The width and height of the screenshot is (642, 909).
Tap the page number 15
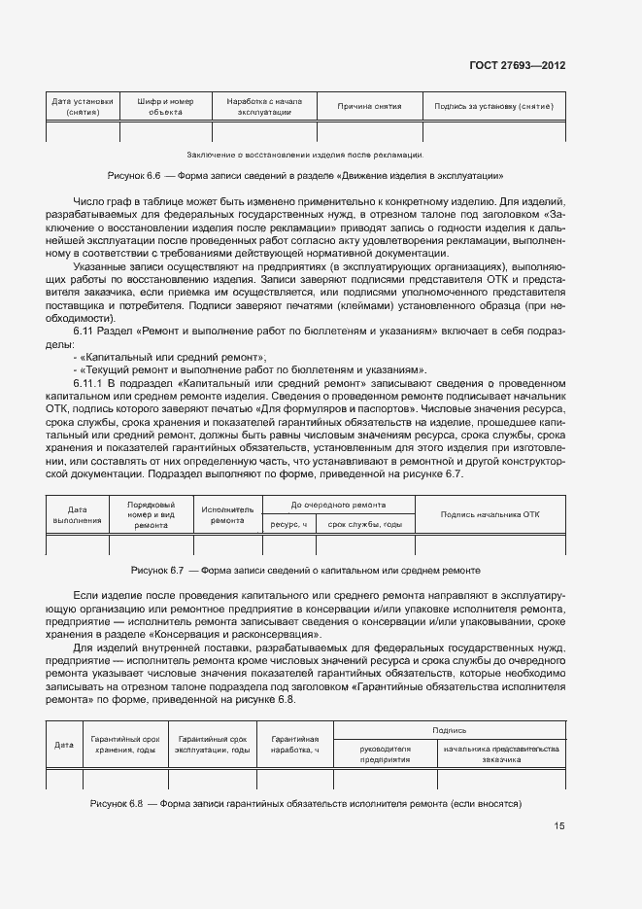coord(559,827)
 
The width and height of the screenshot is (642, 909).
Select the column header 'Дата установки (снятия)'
coord(83,106)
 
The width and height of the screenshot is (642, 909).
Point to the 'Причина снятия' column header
coord(362,106)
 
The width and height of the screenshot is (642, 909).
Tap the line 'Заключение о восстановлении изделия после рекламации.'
coord(304,154)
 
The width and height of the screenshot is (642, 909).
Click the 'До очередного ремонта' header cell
coord(337,506)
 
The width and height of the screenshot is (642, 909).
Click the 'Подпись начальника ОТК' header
coord(490,514)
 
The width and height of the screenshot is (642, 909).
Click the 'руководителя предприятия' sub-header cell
coord(386,754)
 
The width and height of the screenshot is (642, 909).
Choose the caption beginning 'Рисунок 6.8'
coord(307,804)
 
